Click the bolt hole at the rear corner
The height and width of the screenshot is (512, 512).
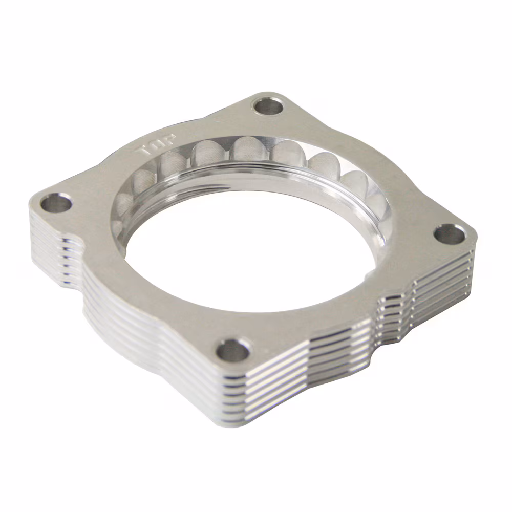[x=268, y=106]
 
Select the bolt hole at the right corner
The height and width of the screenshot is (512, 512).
[x=450, y=234]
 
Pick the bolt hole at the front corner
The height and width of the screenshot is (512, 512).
[x=233, y=350]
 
